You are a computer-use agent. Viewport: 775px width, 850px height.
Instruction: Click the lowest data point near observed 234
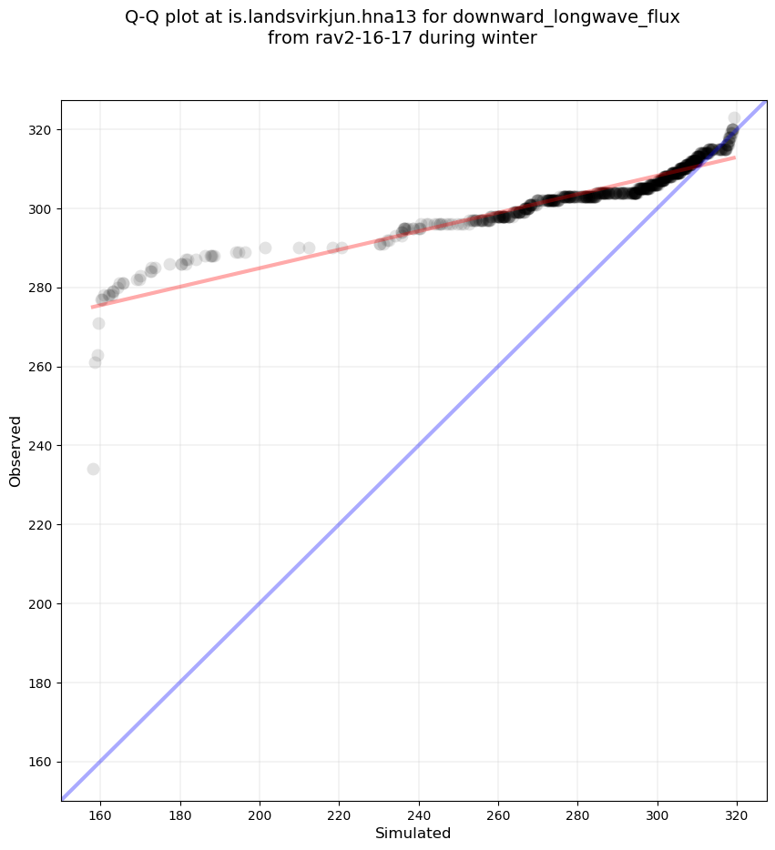[93, 469]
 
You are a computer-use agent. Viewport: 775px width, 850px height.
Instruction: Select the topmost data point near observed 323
[734, 118]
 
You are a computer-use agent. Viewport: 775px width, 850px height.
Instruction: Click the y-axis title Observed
[15, 450]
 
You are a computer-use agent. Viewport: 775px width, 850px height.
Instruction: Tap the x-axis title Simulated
[413, 833]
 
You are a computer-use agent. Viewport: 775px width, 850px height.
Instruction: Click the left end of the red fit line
[92, 307]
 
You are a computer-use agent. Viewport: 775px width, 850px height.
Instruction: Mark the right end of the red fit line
[735, 157]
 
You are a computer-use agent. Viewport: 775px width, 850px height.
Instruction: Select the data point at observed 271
[98, 323]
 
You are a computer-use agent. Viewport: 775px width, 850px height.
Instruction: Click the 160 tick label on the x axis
[100, 810]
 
